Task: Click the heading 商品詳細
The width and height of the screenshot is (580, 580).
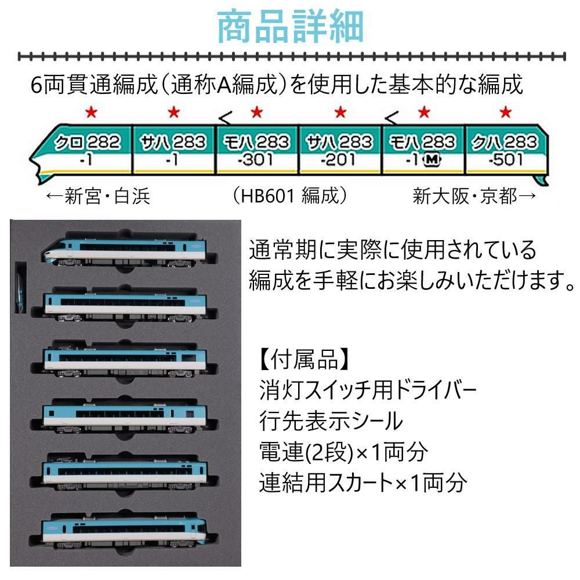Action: [290, 27]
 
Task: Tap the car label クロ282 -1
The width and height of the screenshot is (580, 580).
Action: [88, 149]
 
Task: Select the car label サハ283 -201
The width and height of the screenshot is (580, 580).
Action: [339, 149]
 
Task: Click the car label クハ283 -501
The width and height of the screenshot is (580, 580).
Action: [505, 149]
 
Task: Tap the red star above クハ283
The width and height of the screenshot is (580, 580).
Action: [506, 112]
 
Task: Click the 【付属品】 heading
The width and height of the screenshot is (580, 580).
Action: [304, 360]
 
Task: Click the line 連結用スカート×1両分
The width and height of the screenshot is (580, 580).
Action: [362, 481]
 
